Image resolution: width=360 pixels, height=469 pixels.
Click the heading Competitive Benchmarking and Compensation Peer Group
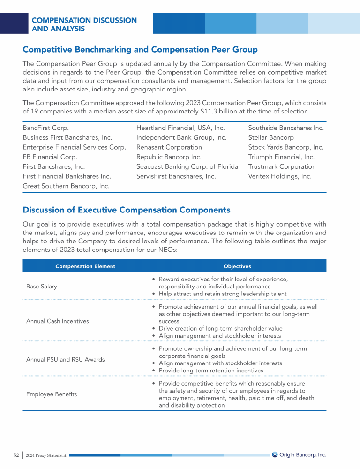click(x=140, y=49)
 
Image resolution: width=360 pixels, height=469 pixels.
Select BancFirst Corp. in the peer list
click(x=46, y=128)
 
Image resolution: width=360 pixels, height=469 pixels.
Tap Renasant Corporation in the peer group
click(x=169, y=147)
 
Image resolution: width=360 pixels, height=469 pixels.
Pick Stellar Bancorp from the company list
click(x=270, y=137)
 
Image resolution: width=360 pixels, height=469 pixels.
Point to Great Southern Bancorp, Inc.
click(x=66, y=186)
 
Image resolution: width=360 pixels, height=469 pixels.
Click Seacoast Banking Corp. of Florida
click(x=187, y=166)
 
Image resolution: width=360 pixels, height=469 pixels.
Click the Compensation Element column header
click(x=85, y=266)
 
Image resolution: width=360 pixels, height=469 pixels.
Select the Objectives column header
click(x=237, y=266)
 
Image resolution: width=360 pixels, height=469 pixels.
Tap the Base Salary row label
click(x=42, y=287)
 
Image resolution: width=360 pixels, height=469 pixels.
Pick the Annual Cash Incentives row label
click(x=57, y=321)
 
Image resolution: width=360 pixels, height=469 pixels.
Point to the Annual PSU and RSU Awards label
click(x=65, y=359)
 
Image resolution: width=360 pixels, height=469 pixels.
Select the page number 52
click(x=16, y=455)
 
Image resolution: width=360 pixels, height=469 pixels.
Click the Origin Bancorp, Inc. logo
click(x=299, y=454)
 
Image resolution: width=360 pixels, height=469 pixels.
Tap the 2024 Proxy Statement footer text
click(x=45, y=455)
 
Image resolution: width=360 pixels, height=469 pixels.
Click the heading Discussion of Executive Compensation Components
click(x=127, y=210)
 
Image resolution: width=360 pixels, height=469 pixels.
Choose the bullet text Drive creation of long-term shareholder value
click(x=220, y=329)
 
